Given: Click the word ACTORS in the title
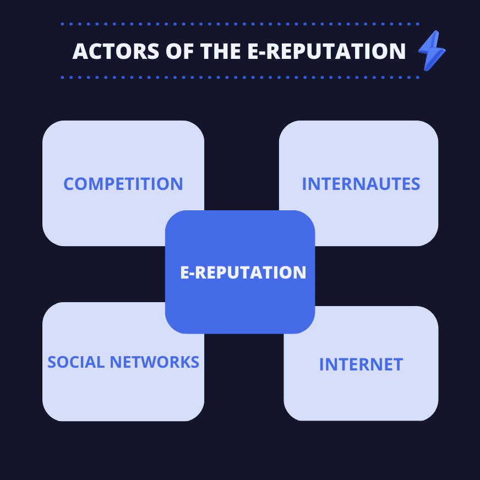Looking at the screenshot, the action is (x=116, y=51).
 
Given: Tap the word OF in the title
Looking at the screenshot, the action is (x=179, y=51).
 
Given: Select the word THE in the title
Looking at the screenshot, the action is (x=220, y=51).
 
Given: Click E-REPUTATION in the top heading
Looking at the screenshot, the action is (x=326, y=51).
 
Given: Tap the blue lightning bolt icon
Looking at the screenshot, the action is (x=432, y=51).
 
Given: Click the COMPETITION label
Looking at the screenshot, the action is (x=123, y=184).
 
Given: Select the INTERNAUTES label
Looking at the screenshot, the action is (x=361, y=184).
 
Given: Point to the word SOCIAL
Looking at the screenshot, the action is (x=76, y=362).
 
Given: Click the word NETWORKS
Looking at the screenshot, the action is (x=155, y=362).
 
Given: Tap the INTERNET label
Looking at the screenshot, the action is (x=361, y=364).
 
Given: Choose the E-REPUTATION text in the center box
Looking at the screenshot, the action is (x=243, y=272).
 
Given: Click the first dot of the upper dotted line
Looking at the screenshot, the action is (x=62, y=24).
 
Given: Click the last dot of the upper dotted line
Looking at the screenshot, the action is (x=418, y=24).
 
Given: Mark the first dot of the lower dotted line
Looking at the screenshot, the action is (x=62, y=78).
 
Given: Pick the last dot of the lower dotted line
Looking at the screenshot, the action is (x=418, y=78).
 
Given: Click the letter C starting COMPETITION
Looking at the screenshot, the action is (x=69, y=184).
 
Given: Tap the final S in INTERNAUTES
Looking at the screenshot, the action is (x=415, y=184).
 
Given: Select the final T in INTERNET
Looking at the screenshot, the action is (x=397, y=364).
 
